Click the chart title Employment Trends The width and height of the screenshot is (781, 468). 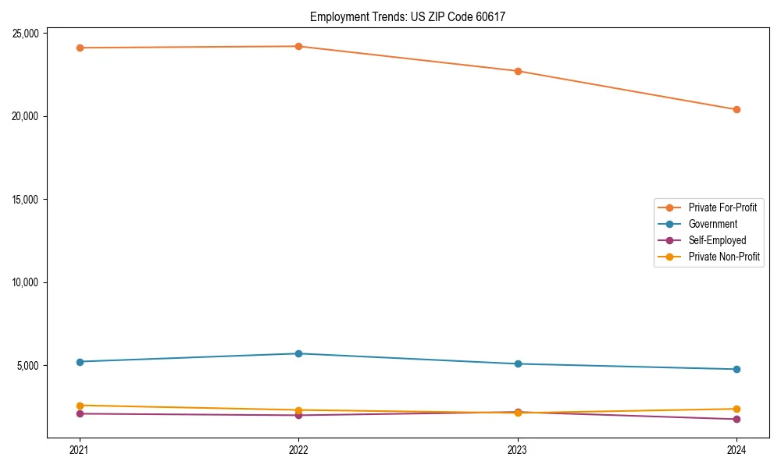click(408, 16)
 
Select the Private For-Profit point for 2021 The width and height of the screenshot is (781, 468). click(80, 48)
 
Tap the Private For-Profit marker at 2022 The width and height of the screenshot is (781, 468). click(298, 46)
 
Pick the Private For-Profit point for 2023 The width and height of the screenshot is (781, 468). click(518, 71)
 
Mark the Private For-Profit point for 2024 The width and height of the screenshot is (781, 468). click(736, 109)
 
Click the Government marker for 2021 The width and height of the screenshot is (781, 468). click(80, 362)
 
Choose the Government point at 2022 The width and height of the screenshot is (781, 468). click(298, 353)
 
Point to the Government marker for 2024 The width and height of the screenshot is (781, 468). click(736, 369)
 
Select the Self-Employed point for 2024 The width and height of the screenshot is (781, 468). click(736, 420)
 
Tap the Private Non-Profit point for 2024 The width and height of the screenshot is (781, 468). click(736, 409)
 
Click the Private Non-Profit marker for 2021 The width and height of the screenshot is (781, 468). click(80, 406)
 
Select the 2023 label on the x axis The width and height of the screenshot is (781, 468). click(518, 449)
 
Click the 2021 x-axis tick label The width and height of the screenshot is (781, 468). click(80, 449)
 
